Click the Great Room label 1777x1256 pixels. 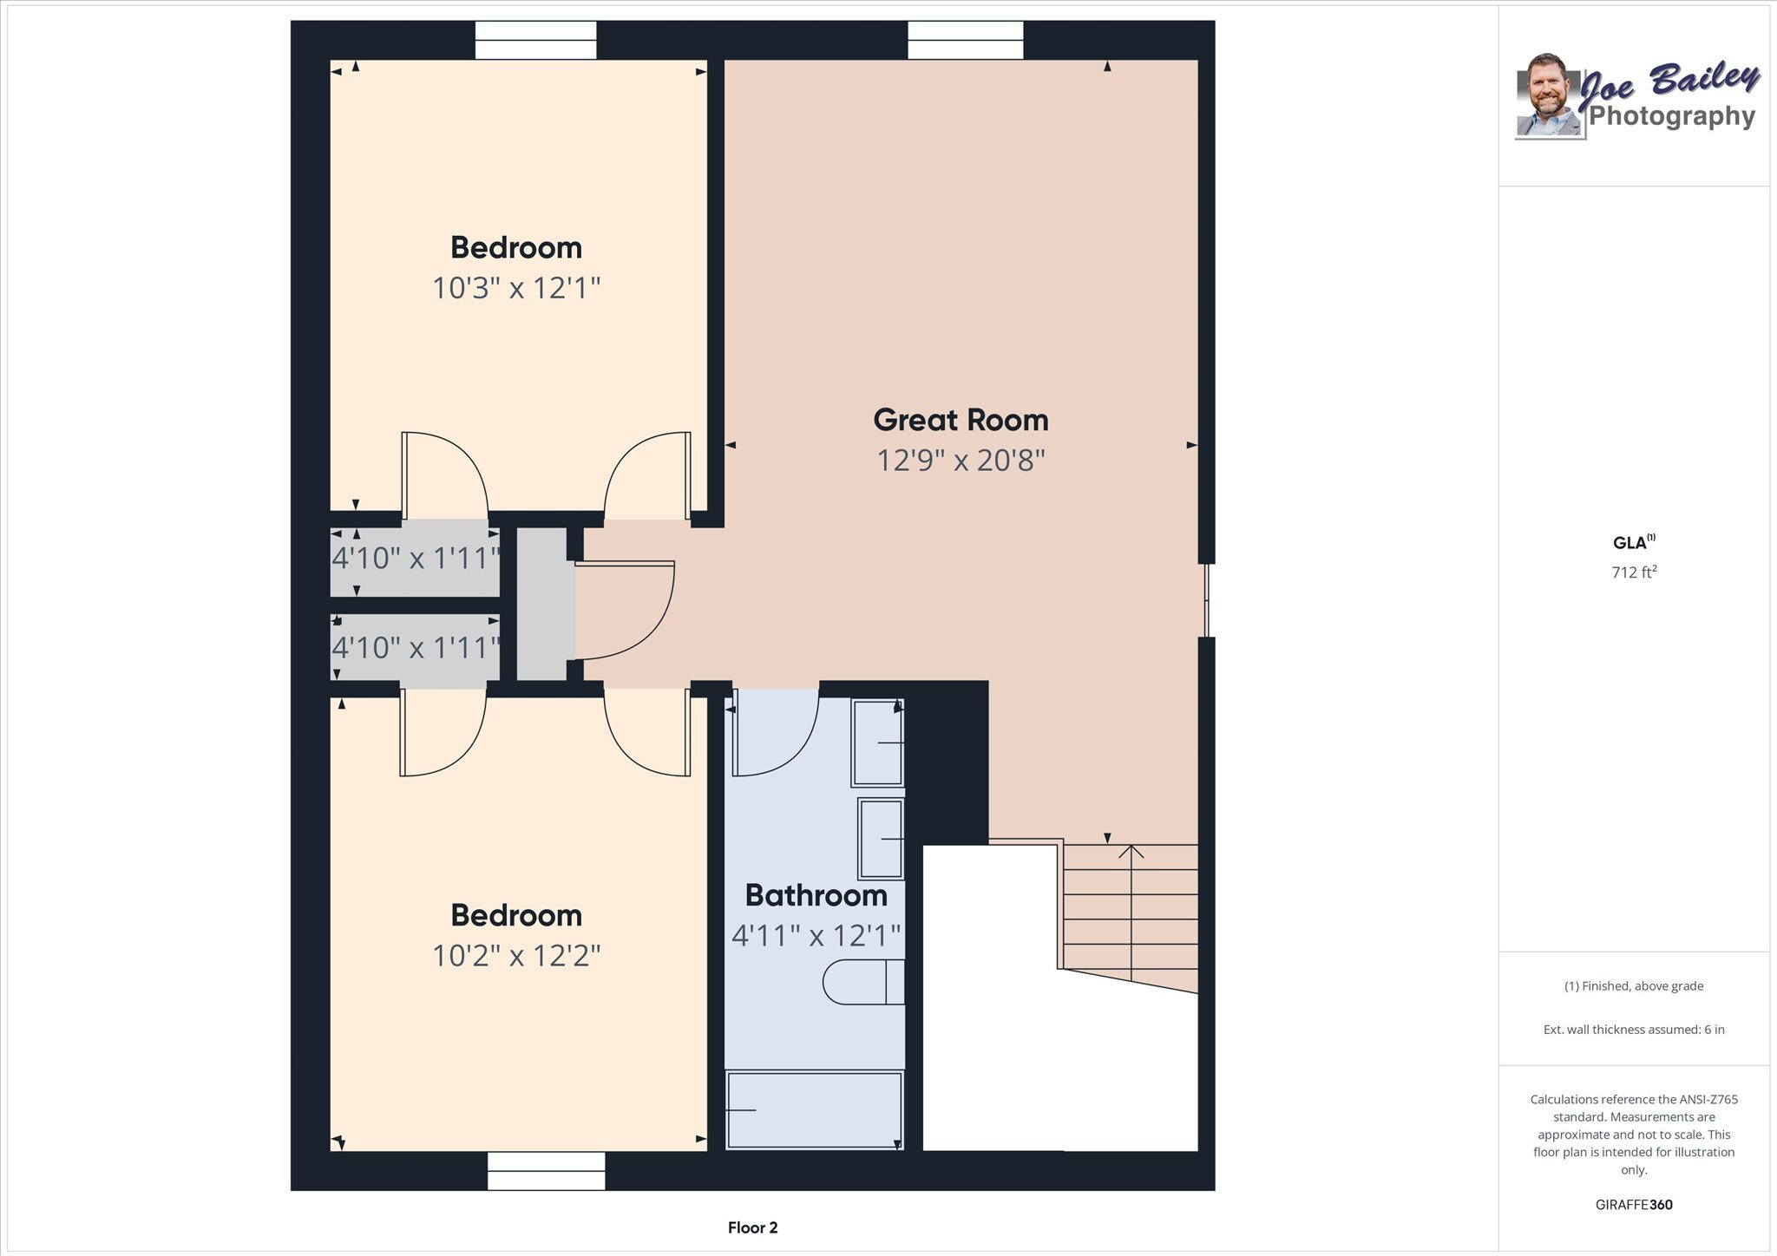961,420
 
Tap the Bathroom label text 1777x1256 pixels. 816,895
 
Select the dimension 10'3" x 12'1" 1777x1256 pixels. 516,287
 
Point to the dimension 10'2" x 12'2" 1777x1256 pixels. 516,955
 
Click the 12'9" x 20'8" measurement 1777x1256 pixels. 961,460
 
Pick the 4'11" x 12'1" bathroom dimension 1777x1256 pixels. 816,935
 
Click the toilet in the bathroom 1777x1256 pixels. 863,982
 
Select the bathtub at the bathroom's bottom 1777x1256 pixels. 814,1110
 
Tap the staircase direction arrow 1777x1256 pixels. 1131,906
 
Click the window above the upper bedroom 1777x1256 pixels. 535,40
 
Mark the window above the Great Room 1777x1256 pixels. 966,40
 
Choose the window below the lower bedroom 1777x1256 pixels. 546,1171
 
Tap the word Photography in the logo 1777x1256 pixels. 1672,116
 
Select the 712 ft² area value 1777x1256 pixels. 1634,572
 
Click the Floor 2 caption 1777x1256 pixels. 752,1227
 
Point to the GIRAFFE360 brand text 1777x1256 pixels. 1634,1205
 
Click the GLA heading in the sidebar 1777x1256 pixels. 1634,543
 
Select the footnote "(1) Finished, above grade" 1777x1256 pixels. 1634,986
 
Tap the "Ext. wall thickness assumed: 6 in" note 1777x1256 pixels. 1634,1030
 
